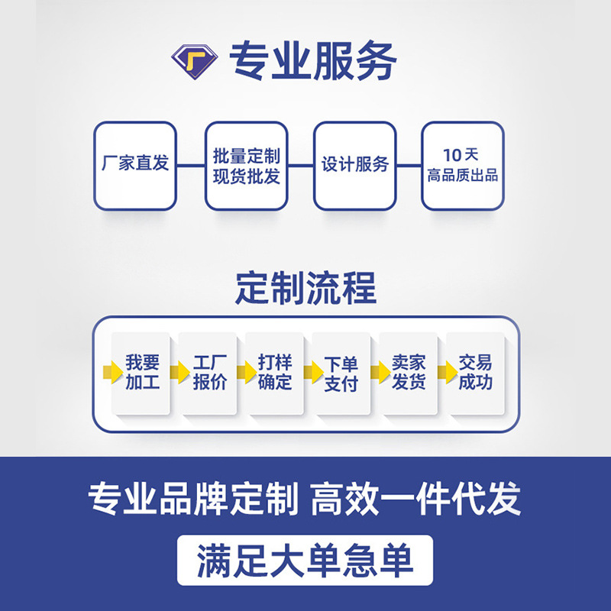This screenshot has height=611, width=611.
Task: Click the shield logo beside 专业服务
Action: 195,59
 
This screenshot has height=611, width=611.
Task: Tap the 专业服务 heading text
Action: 313,60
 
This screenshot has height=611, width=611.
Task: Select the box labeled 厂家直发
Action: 135,166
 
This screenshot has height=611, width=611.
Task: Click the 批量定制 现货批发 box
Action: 246,166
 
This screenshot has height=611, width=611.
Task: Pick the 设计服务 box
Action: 354,166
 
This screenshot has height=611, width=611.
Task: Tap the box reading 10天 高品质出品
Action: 463,166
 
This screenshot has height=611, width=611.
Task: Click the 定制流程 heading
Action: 305,289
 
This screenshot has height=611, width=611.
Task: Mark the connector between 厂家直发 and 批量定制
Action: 190,165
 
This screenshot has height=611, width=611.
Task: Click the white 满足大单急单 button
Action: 305,561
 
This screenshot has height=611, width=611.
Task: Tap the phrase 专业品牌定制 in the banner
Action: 192,500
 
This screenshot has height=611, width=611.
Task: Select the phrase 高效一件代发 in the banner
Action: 416,500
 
